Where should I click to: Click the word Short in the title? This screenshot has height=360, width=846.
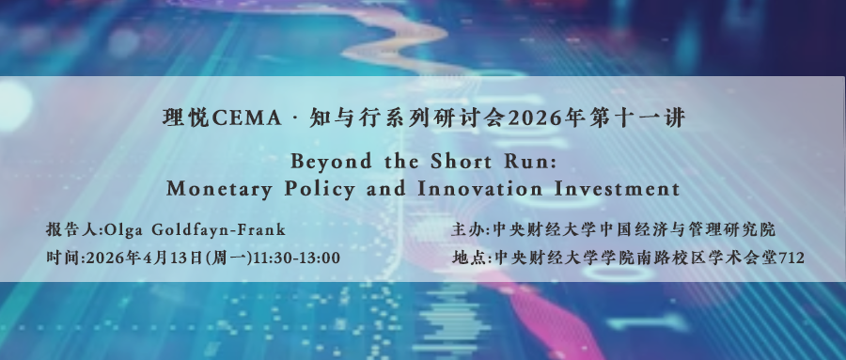[461, 161]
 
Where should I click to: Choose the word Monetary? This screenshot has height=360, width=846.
[218, 190]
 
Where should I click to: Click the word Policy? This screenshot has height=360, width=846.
[320, 190]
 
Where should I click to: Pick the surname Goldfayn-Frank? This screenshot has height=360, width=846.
[218, 230]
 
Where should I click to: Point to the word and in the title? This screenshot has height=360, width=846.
[386, 189]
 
